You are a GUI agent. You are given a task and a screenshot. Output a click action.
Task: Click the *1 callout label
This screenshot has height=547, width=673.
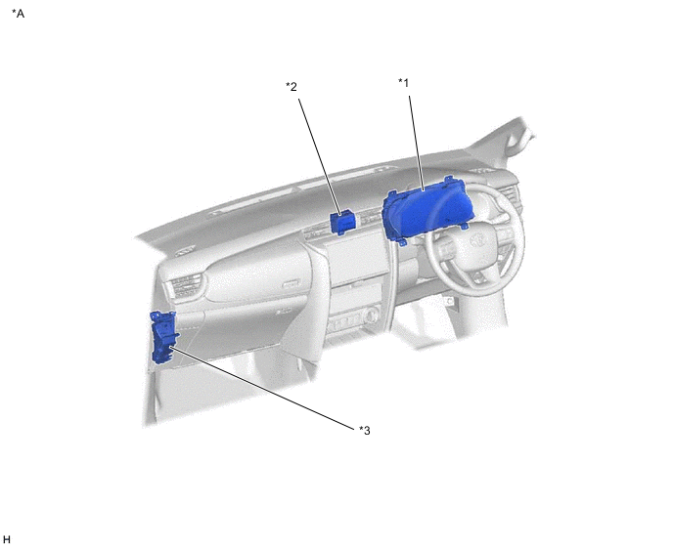(x=403, y=82)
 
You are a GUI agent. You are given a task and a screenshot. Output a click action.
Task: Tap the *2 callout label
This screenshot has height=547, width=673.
(x=292, y=87)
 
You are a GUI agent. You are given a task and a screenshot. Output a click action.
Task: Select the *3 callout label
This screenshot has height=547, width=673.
(x=365, y=430)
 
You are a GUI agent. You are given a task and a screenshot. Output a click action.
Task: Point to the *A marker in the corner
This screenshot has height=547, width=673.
(x=18, y=14)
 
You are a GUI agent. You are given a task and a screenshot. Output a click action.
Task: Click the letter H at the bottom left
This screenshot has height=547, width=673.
(x=6, y=539)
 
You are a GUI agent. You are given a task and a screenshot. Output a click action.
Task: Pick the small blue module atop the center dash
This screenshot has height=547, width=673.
(x=343, y=223)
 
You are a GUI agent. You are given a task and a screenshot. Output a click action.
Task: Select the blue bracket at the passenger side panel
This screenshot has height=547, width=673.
(x=163, y=337)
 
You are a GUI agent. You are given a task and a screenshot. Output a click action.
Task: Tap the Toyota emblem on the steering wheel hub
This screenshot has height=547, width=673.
(x=476, y=240)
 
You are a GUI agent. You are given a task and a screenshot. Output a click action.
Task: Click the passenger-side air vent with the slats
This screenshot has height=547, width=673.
(x=186, y=286)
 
